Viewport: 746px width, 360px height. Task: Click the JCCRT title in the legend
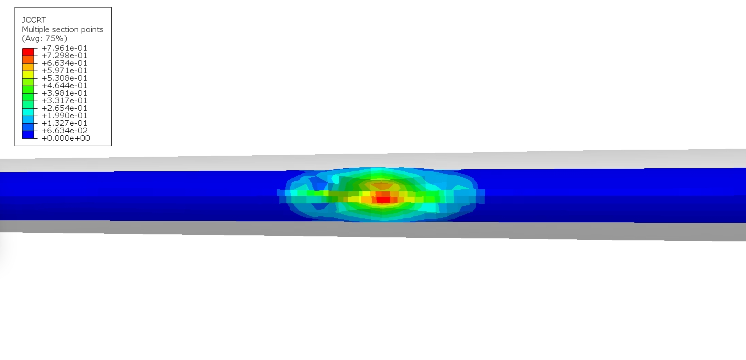pos(34,20)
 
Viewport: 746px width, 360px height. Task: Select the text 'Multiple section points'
pos(63,30)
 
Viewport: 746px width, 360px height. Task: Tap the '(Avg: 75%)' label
pos(45,38)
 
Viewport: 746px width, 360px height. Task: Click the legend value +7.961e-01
pos(64,48)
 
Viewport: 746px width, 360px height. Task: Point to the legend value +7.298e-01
pos(64,56)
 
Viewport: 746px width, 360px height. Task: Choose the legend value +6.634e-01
pos(64,63)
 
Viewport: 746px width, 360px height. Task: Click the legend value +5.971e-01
pos(64,71)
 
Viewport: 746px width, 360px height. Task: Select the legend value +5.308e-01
pos(64,78)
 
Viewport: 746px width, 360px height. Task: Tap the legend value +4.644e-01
pos(64,86)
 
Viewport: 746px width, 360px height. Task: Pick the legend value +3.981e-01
pos(64,93)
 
